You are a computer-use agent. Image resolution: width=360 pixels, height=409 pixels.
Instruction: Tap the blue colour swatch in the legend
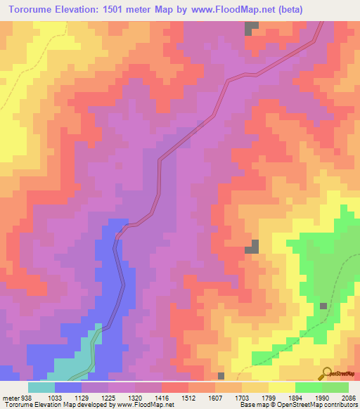pyautogui.click(x=68, y=387)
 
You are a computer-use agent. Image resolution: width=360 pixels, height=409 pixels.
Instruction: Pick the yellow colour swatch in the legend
pyautogui.click(x=282, y=387)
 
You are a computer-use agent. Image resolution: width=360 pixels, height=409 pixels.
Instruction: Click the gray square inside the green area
pyautogui.click(x=323, y=306)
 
